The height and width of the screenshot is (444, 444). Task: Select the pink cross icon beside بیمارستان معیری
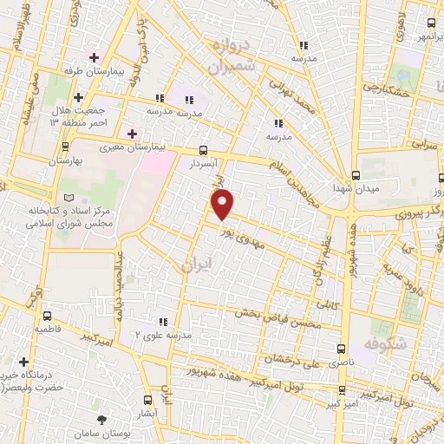tap(132, 134)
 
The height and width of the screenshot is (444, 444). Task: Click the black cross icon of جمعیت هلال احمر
tap(79, 97)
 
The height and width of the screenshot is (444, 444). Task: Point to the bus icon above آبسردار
tap(203, 149)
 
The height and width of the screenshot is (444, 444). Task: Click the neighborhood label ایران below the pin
tap(191, 265)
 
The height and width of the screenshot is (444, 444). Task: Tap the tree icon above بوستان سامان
tap(104, 420)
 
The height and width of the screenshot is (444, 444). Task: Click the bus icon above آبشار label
tap(147, 400)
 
